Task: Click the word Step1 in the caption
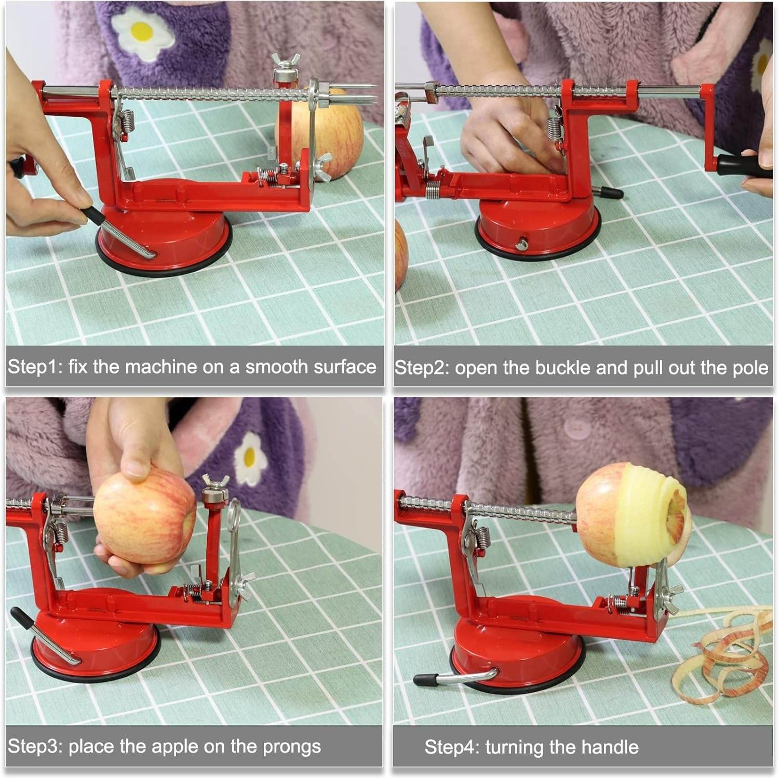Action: pyautogui.click(x=35, y=367)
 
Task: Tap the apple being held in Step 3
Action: pyautogui.click(x=144, y=522)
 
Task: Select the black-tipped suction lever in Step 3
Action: pyautogui.click(x=44, y=637)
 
